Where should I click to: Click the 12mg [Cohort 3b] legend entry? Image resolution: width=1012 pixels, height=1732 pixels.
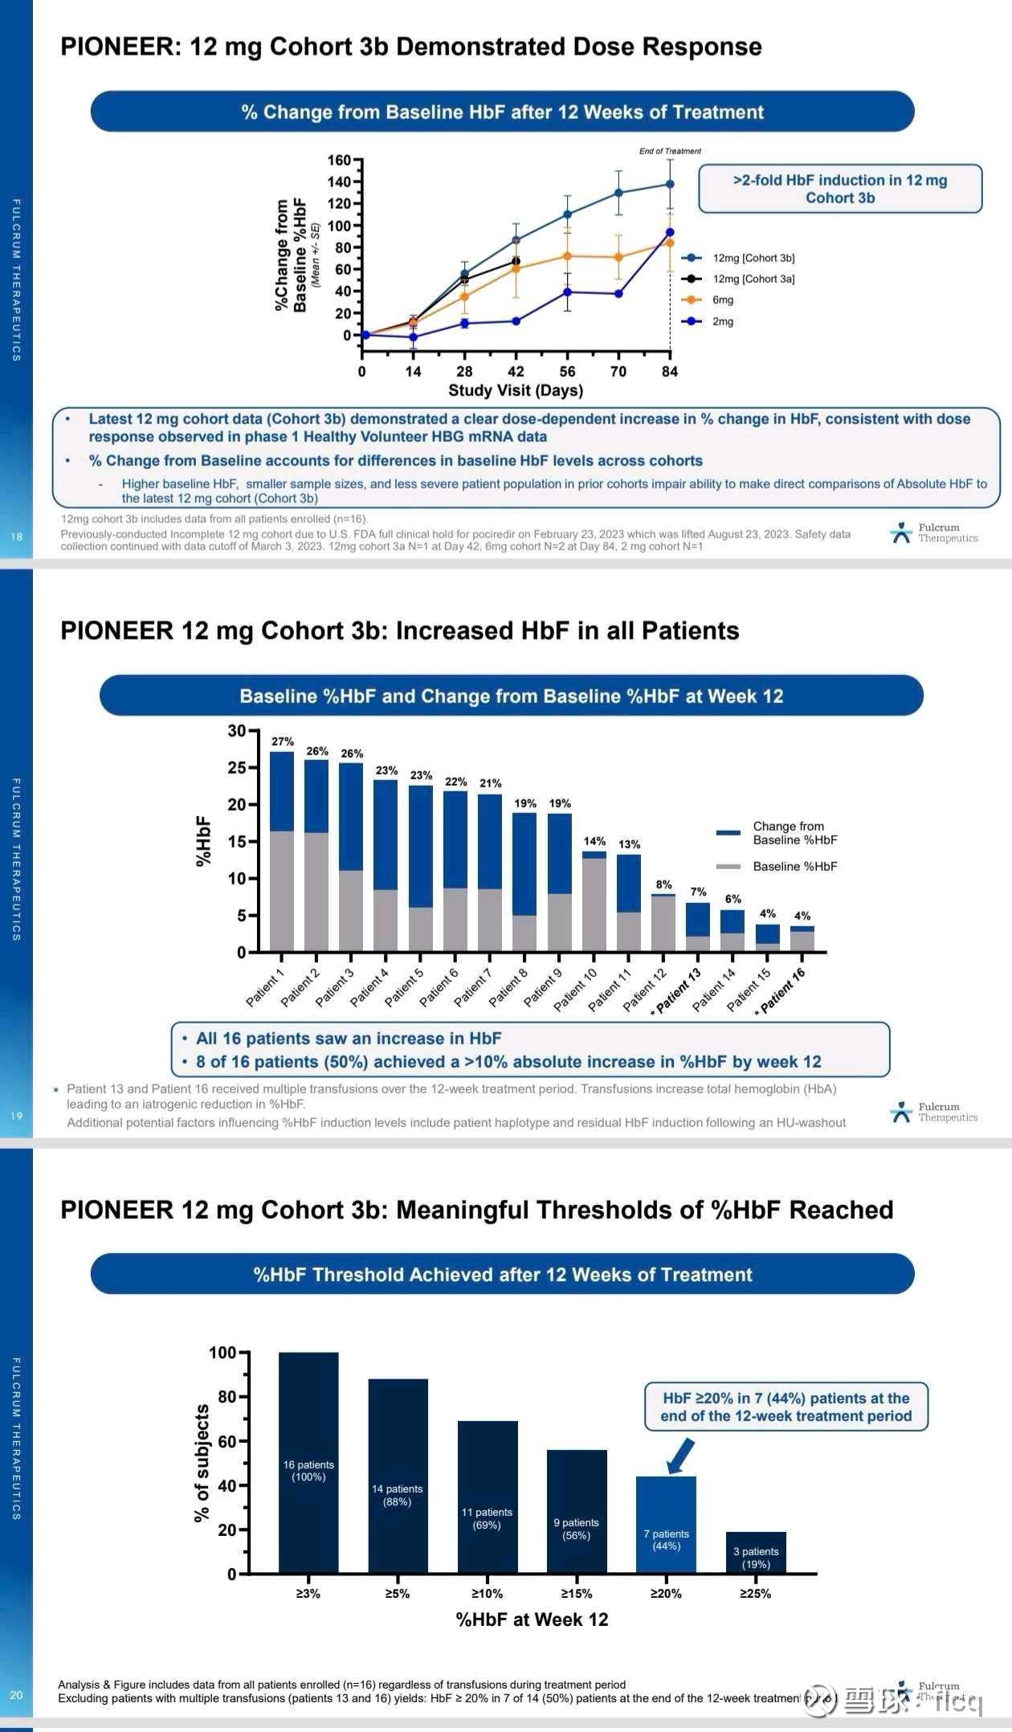coord(753,258)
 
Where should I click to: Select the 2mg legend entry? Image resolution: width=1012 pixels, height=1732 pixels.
coord(722,321)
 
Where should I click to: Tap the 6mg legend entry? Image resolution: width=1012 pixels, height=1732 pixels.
coord(722,300)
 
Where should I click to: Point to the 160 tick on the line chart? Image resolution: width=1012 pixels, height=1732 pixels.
coord(339,160)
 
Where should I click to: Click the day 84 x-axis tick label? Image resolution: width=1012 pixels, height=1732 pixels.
coord(670,371)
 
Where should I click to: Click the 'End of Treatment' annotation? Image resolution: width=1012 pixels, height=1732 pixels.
coord(670,151)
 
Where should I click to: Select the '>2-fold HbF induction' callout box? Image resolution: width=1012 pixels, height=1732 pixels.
coord(840,189)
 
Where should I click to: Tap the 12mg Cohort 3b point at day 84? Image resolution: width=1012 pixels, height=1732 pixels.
coord(670,184)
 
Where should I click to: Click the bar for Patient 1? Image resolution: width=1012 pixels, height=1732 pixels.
coord(282,852)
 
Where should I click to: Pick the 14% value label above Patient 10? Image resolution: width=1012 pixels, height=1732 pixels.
coord(594,841)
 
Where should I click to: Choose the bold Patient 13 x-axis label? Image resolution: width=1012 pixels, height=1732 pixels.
coord(678,991)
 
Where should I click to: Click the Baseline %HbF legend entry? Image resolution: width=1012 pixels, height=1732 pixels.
coord(794,866)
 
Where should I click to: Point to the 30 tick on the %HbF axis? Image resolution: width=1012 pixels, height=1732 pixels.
coord(237,730)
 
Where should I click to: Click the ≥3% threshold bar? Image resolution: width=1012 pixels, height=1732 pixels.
coord(308,1462)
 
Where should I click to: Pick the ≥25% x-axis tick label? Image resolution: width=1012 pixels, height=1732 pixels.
coord(755,1594)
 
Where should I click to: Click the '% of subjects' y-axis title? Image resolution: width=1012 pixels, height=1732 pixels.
coord(202,1463)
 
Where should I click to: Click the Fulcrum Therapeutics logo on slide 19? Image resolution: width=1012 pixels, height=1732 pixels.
coord(934,1112)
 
